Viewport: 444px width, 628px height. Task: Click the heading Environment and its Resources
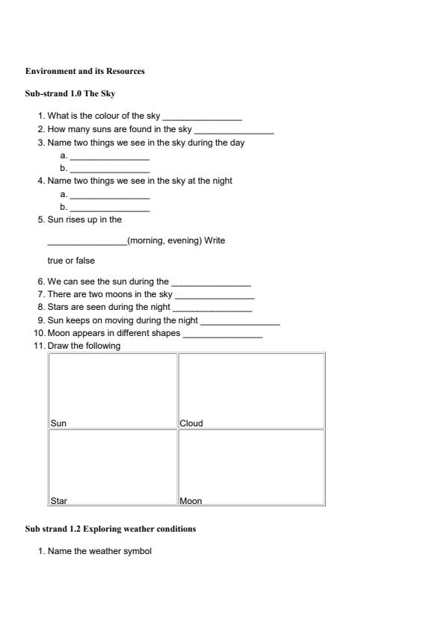click(x=84, y=72)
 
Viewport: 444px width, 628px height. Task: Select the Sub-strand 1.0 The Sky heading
click(x=70, y=94)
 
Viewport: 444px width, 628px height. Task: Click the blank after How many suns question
click(x=234, y=131)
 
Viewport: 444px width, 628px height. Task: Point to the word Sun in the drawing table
click(x=58, y=423)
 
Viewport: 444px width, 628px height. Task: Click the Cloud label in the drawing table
click(x=191, y=423)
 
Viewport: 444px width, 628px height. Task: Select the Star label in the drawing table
click(x=58, y=501)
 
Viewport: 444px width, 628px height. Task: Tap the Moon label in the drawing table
click(x=191, y=501)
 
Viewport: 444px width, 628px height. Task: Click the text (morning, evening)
click(x=164, y=240)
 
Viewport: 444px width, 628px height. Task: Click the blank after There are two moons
click(x=215, y=296)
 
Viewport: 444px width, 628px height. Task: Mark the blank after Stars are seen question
click(x=212, y=308)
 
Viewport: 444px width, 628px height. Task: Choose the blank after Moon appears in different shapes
click(x=223, y=334)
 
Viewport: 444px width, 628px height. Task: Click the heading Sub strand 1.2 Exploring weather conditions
click(x=111, y=529)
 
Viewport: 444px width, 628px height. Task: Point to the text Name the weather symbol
click(x=99, y=552)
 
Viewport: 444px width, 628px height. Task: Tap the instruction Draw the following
click(x=84, y=346)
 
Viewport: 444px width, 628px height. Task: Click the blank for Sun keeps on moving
click(x=240, y=321)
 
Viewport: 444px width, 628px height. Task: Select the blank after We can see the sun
click(x=212, y=283)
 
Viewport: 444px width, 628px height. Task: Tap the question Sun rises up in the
click(x=84, y=220)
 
